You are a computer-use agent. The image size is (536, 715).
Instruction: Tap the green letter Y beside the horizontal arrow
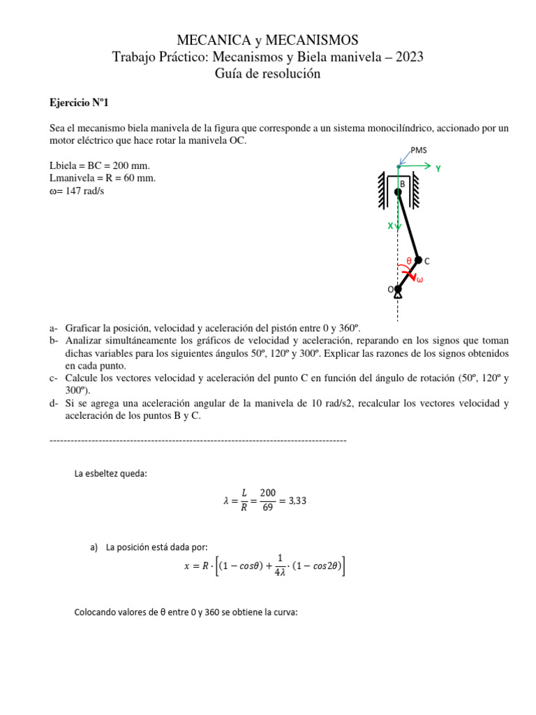pos(438,168)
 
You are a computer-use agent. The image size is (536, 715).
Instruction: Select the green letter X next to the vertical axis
pos(391,226)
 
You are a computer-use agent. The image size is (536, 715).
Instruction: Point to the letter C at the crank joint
pos(426,261)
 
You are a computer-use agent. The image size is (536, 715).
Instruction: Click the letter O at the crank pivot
pos(391,289)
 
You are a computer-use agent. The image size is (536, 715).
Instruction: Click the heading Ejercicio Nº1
pos(79,103)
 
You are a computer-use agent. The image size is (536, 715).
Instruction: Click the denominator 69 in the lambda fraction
pos(268,508)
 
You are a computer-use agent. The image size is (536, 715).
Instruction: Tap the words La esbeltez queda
pos(110,474)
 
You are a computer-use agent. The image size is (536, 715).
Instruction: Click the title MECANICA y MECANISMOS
pos(268,39)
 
